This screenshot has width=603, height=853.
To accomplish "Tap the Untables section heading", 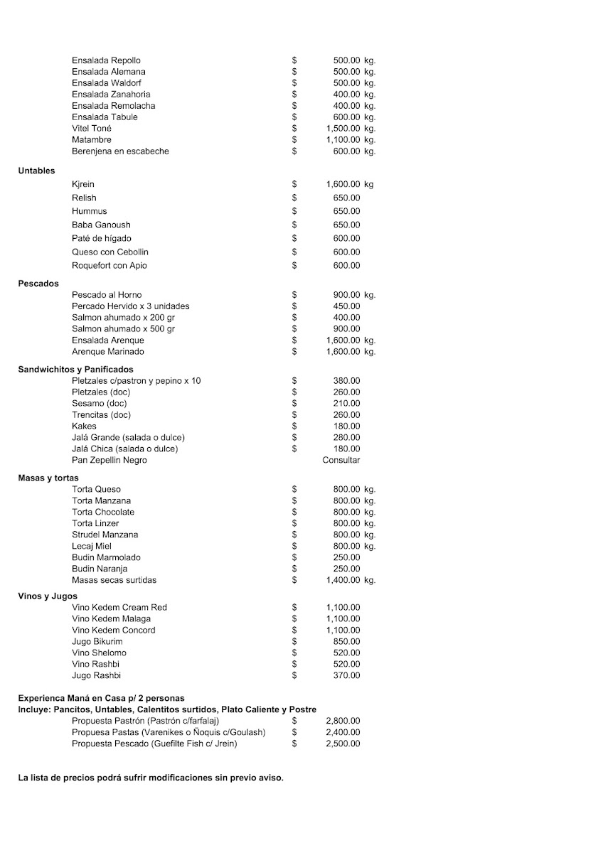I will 36,171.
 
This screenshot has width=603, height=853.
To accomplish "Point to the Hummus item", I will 89,211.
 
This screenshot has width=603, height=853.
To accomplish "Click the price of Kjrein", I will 349,184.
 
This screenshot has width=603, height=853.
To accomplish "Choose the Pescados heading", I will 38,283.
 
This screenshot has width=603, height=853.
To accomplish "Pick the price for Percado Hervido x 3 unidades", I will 346,306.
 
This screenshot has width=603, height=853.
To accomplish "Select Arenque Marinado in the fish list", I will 107,352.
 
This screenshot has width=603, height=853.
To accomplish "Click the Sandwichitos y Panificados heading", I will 75,370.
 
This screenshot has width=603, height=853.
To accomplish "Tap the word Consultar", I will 341,460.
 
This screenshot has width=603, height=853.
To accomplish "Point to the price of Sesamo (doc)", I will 346,404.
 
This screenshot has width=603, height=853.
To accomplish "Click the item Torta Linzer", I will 96,523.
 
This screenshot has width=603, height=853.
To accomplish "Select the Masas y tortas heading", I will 48,478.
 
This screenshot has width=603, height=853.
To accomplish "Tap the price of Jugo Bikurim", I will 346,641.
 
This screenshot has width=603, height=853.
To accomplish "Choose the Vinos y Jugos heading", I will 48,596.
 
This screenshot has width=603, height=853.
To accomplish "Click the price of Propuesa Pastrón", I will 343,721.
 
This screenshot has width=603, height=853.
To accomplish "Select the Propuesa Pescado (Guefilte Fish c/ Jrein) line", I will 154,744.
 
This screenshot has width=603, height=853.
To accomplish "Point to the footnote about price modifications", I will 151,778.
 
